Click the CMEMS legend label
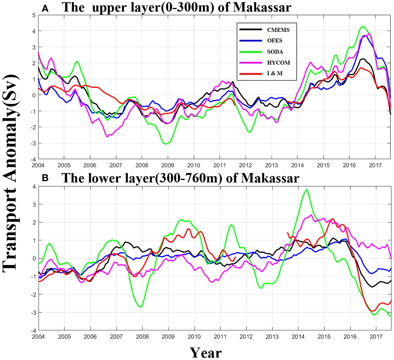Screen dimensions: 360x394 click(x=278, y=30)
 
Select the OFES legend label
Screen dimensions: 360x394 click(x=275, y=41)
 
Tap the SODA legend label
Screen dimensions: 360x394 click(x=275, y=52)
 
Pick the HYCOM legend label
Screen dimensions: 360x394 click(x=279, y=63)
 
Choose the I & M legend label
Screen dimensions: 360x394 click(x=275, y=73)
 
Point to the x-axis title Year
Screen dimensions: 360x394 click(x=206, y=352)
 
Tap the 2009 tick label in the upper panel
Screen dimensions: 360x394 click(x=167, y=165)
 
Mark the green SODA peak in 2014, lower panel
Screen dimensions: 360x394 click(x=307, y=190)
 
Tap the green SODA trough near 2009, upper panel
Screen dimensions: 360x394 click(x=165, y=144)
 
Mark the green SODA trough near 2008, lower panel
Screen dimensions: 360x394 click(x=141, y=307)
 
